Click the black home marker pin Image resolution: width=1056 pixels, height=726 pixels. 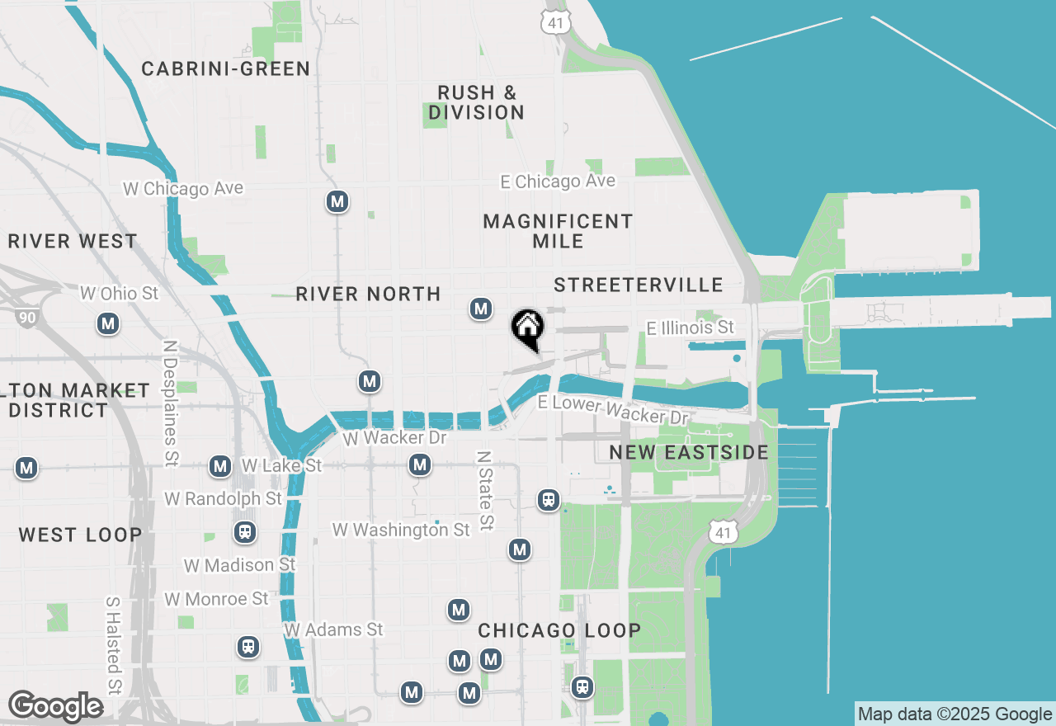tap(528, 328)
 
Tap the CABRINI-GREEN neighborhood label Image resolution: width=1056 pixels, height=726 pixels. tap(225, 68)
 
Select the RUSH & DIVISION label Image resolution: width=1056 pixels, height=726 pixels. tap(477, 102)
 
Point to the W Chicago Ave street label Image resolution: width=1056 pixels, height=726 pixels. tap(183, 189)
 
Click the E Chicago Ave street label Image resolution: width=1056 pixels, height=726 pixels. tap(559, 181)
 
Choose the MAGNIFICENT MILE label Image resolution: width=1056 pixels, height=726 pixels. tap(558, 231)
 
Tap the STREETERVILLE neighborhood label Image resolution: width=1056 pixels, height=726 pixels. tap(639, 285)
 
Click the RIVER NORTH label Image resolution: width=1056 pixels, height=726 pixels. tap(368, 295)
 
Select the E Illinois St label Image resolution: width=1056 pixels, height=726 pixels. tap(690, 328)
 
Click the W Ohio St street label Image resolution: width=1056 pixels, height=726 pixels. tap(119, 294)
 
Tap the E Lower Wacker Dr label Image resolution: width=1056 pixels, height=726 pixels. tap(613, 410)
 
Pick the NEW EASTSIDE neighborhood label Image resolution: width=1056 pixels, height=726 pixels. tap(689, 452)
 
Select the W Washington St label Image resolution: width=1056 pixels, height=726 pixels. tap(402, 529)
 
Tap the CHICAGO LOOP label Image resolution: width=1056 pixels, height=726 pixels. tap(559, 631)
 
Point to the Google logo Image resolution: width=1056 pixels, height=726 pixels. tap(55, 707)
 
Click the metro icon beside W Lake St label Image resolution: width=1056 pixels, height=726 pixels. tap(220, 467)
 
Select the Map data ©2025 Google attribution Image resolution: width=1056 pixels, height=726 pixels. tap(955, 714)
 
